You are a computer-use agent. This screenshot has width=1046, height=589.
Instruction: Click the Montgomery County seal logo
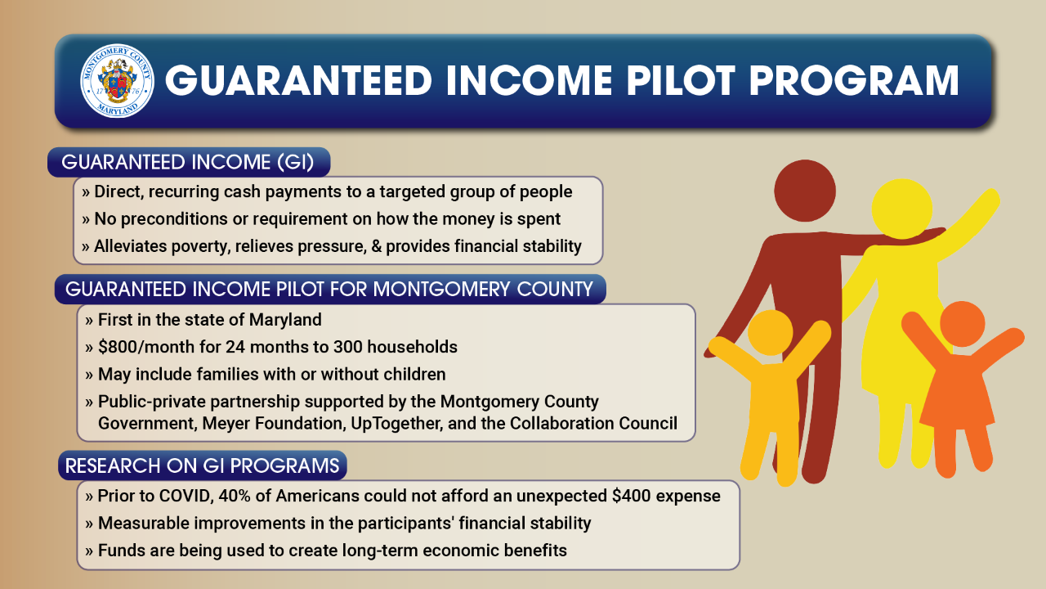pyautogui.click(x=117, y=81)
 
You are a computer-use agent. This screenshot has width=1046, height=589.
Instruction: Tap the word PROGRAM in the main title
pyautogui.click(x=855, y=81)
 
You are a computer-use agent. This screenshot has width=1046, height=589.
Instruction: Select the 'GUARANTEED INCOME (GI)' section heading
pyautogui.click(x=188, y=162)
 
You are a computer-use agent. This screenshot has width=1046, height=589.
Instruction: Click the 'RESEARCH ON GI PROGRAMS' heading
pyautogui.click(x=202, y=465)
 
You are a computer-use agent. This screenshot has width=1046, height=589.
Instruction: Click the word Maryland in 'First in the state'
pyautogui.click(x=285, y=320)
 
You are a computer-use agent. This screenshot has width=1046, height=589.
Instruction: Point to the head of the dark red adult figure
pyautogui.click(x=805, y=191)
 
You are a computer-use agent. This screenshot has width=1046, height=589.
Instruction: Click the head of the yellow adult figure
pyautogui.click(x=902, y=209)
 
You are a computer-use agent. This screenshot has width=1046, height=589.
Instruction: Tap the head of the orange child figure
pyautogui.click(x=963, y=324)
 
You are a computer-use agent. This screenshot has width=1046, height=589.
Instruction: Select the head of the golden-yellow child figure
pyautogui.click(x=770, y=333)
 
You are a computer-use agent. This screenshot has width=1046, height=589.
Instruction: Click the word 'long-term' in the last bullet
pyautogui.click(x=380, y=551)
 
